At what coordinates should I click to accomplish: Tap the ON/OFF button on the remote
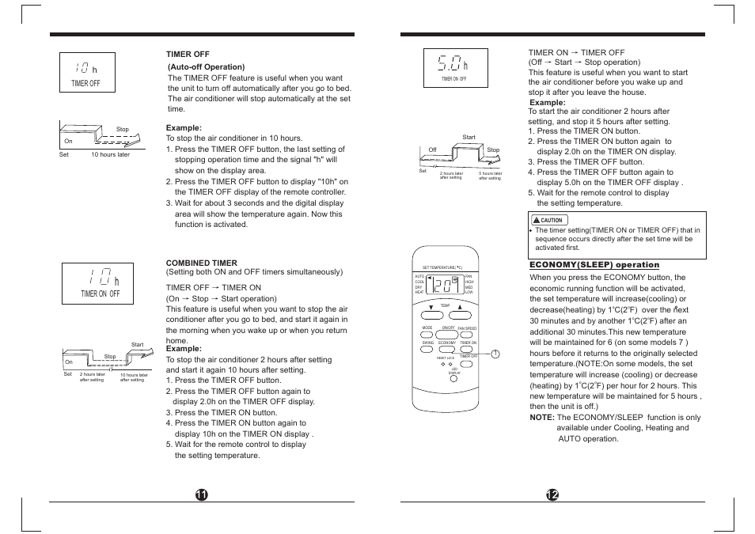[x=448, y=333]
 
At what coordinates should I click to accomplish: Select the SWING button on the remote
[x=427, y=349]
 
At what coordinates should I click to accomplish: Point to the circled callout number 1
[x=495, y=354]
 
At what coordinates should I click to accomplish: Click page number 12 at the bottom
[x=552, y=494]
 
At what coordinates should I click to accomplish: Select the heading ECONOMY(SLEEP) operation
[x=594, y=265]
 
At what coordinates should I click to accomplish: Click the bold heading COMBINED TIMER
[x=201, y=263]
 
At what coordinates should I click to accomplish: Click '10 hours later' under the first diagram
[x=110, y=155]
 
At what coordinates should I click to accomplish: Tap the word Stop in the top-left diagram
[x=123, y=129]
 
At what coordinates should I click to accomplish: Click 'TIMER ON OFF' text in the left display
[x=100, y=294]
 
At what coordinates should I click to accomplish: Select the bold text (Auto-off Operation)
[x=207, y=67]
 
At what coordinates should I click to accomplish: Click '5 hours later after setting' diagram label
[x=490, y=176]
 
